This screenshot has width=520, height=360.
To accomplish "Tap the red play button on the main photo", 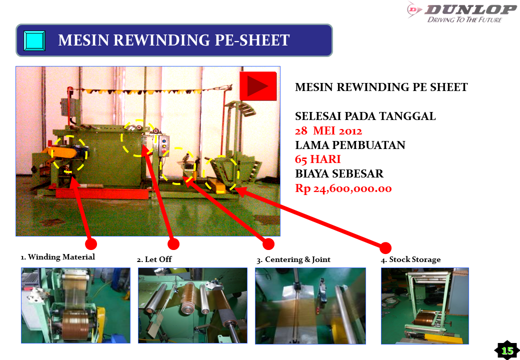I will [258, 86].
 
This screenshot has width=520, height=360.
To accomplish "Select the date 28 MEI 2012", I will [328, 131].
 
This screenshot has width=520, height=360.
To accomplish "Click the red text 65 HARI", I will [318, 159].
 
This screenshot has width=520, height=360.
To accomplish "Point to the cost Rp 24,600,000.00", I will [343, 188].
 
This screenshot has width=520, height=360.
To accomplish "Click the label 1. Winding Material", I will [57, 257].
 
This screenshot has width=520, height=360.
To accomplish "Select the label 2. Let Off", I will [154, 259].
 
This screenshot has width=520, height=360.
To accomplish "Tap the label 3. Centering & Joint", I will [293, 259].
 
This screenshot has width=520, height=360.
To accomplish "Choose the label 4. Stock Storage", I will [411, 259].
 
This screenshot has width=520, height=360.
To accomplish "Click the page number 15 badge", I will [507, 350].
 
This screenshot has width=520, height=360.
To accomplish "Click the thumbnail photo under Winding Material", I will [75, 305].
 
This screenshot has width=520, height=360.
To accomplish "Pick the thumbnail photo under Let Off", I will [192, 305].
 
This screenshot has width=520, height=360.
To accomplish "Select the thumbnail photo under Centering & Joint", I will [310, 305].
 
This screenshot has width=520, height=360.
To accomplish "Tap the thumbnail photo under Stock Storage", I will [425, 305].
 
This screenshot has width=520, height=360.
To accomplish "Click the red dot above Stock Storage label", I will [385, 247].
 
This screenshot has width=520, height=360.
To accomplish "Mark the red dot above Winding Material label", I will [90, 243].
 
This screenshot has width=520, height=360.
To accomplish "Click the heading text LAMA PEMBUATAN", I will [350, 145].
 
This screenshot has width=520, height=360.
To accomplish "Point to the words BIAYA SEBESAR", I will [339, 174].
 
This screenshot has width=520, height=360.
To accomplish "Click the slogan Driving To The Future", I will [464, 20].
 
